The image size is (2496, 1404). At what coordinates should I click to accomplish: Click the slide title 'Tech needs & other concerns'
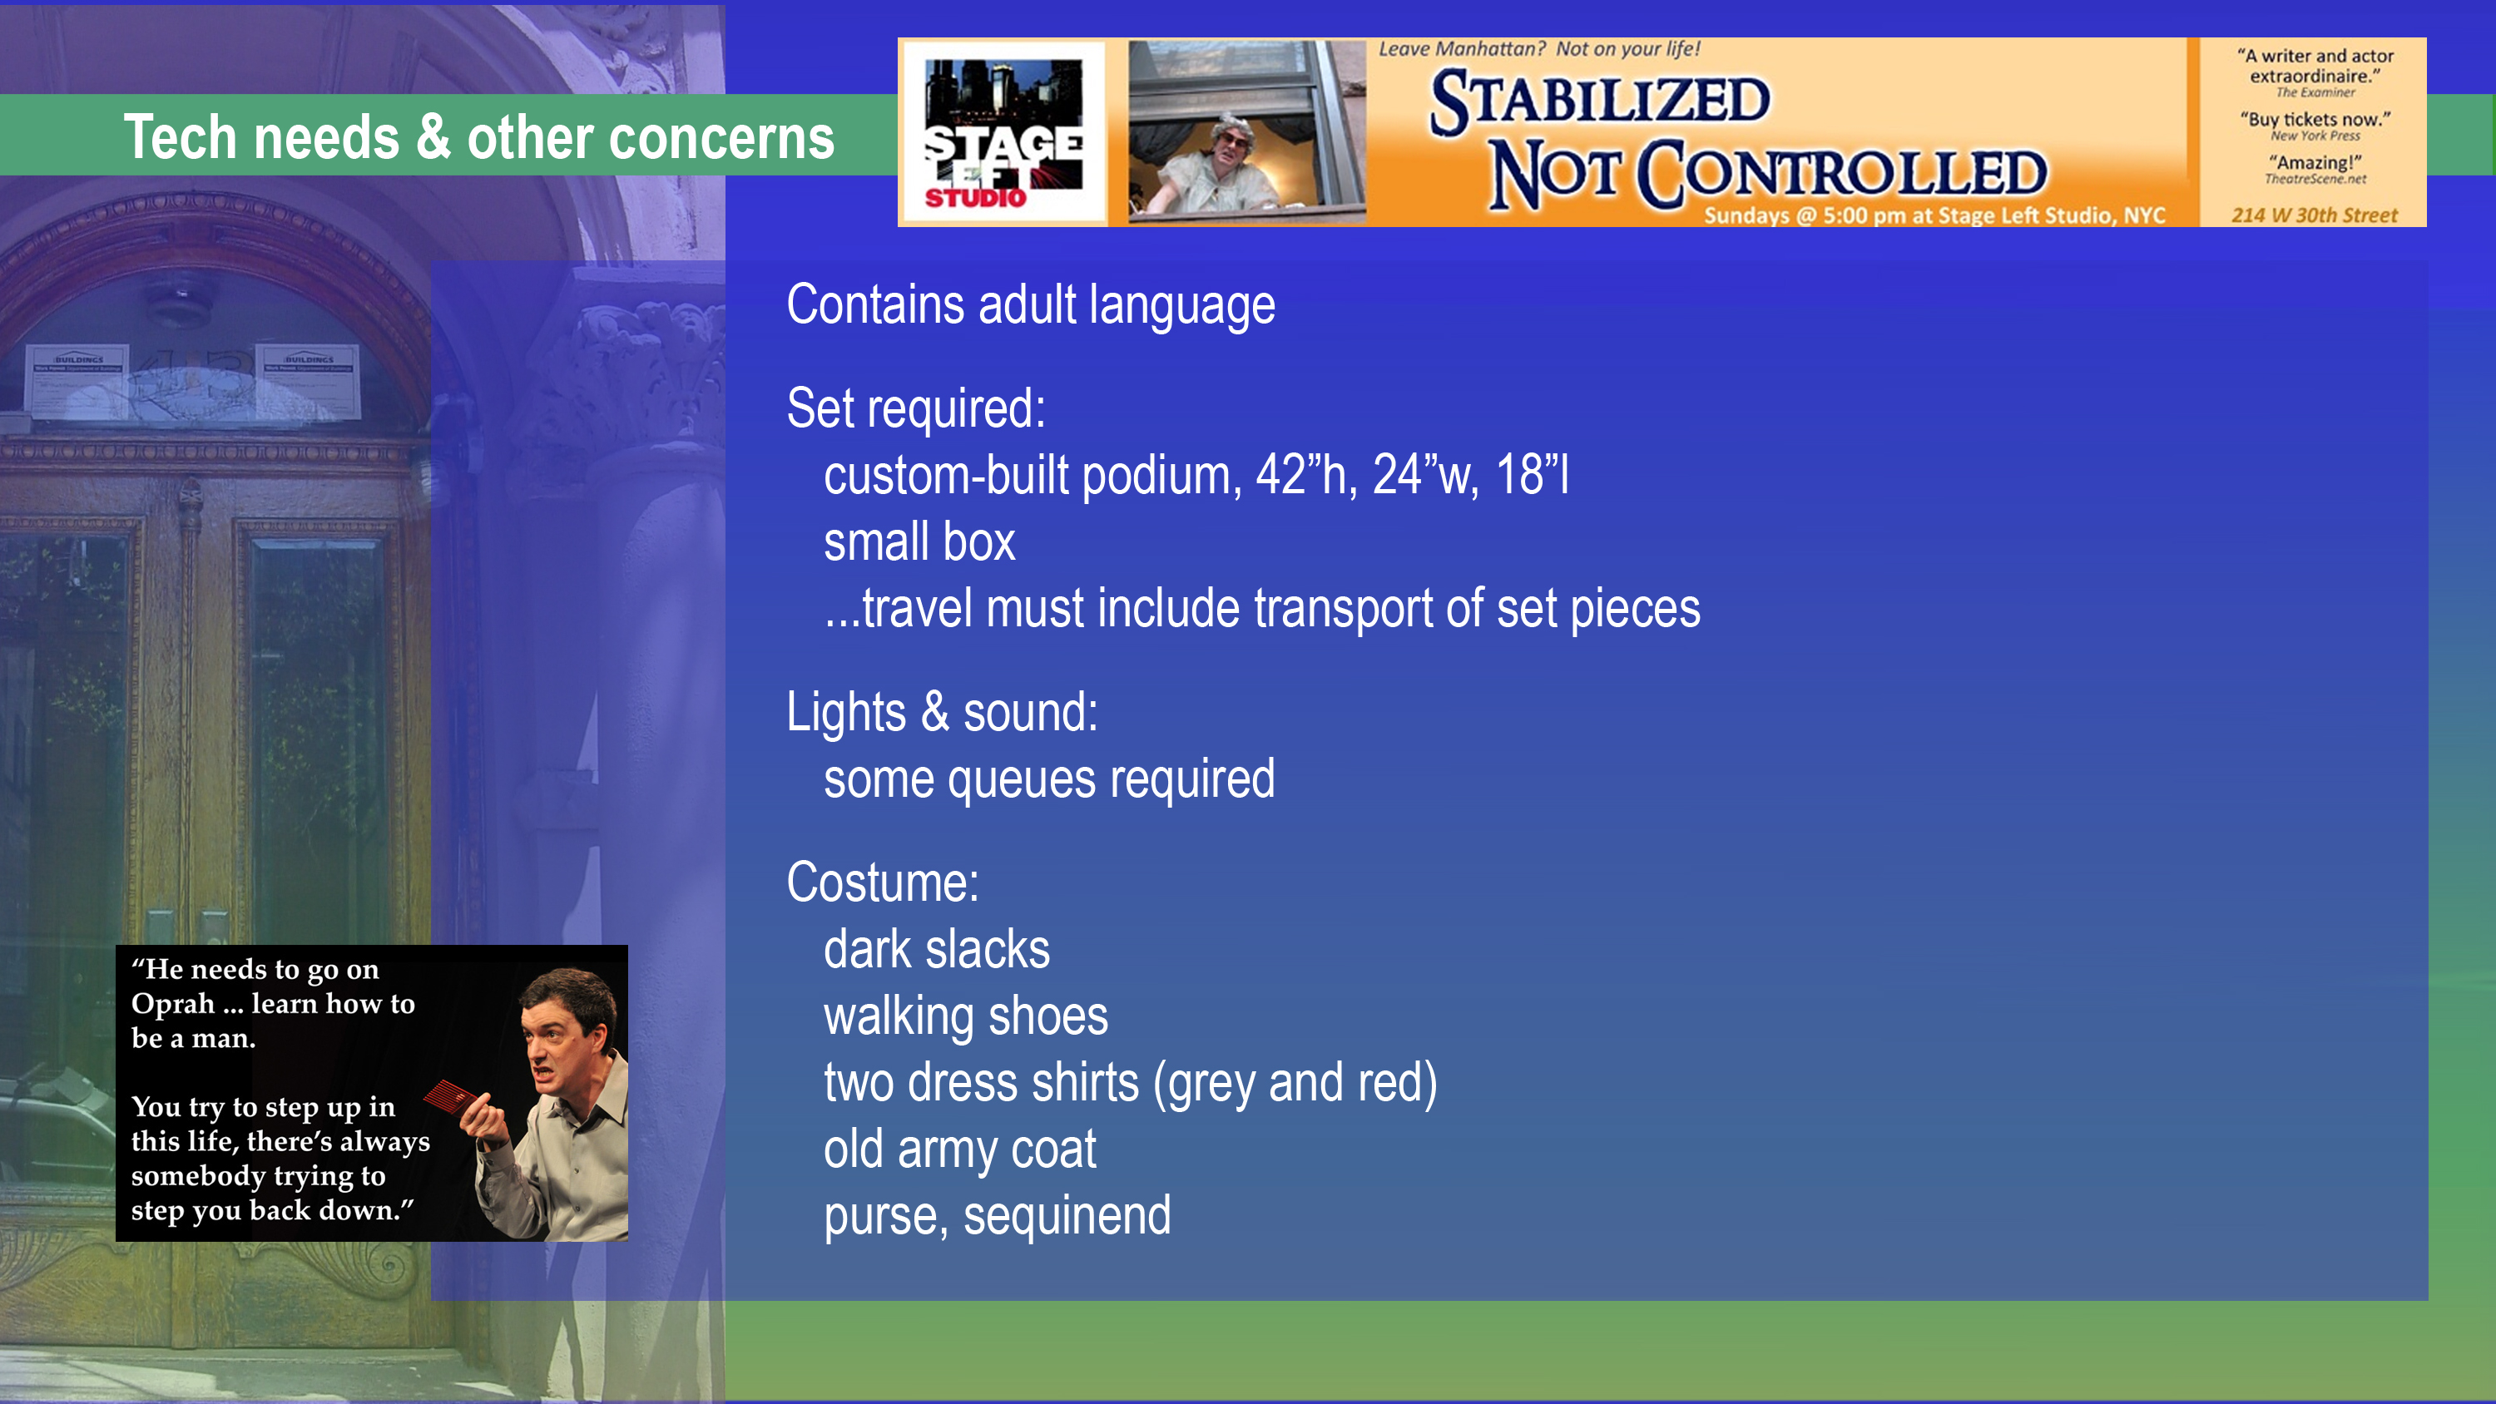coord(478,136)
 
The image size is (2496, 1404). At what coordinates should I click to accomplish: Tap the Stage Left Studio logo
coord(1003,133)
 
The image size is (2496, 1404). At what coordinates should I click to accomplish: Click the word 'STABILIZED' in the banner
coord(1600,101)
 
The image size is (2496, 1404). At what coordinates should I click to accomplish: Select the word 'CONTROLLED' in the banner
coord(1842,174)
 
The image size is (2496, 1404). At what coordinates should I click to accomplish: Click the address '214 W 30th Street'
coord(2315,215)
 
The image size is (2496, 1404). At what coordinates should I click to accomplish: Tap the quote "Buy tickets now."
coord(2315,119)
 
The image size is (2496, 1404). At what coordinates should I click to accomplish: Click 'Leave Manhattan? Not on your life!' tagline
coord(1538,48)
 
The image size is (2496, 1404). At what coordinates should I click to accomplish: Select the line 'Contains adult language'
coord(1031,305)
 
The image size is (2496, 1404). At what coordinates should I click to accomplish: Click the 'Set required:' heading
coord(916,408)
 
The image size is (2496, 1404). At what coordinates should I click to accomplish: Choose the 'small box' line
coord(919,541)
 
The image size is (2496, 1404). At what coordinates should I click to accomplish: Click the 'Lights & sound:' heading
coord(942,712)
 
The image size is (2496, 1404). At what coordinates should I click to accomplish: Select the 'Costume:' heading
coord(883,882)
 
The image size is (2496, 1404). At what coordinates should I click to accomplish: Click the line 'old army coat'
coord(959,1150)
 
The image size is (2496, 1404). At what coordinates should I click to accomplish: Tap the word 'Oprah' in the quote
coord(172,1005)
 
